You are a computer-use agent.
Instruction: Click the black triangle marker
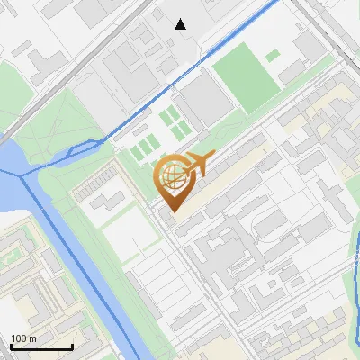click(x=181, y=24)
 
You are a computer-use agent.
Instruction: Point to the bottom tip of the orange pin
click(x=172, y=211)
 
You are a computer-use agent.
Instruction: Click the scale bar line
click(x=41, y=347)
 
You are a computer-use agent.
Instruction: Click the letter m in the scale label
click(x=32, y=338)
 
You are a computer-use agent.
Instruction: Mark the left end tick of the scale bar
click(x=11, y=346)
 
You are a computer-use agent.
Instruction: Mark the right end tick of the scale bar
click(x=72, y=346)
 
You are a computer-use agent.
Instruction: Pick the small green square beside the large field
click(x=272, y=56)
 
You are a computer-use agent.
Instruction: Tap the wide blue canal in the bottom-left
click(x=90, y=270)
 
